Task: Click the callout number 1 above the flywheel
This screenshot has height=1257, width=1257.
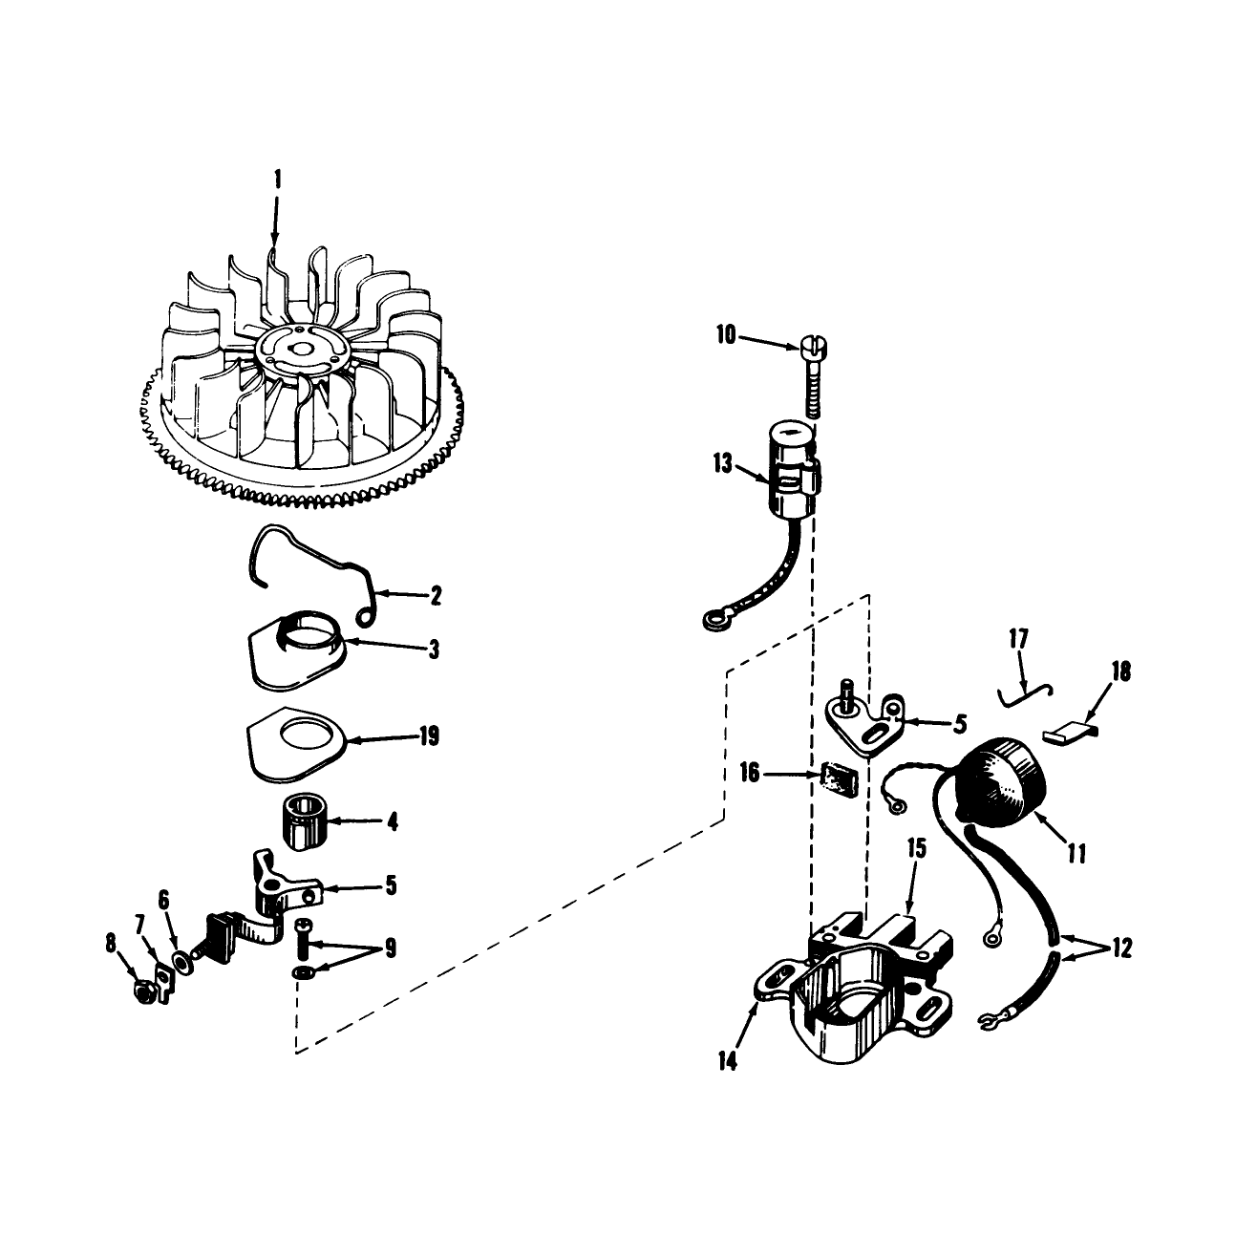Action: tap(278, 180)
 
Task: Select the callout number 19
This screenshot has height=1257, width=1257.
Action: tap(429, 736)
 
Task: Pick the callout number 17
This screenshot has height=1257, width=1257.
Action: tap(1018, 638)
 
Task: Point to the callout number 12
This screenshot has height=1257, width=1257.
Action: tap(1122, 948)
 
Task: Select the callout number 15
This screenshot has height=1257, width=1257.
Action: tap(917, 848)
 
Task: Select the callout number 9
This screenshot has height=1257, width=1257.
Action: tap(390, 948)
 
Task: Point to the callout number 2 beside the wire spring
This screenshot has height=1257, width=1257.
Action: tap(436, 596)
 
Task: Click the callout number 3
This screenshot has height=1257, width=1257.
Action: tap(434, 650)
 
